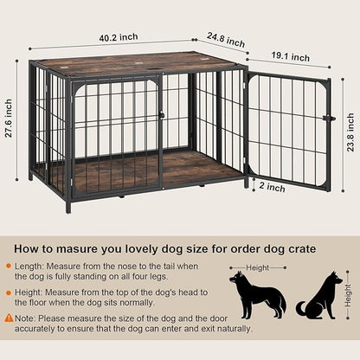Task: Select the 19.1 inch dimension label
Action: pyautogui.click(x=289, y=57)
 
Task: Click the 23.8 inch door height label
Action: pyautogui.click(x=349, y=117)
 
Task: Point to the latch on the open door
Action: pyautogui.click(x=328, y=119)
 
